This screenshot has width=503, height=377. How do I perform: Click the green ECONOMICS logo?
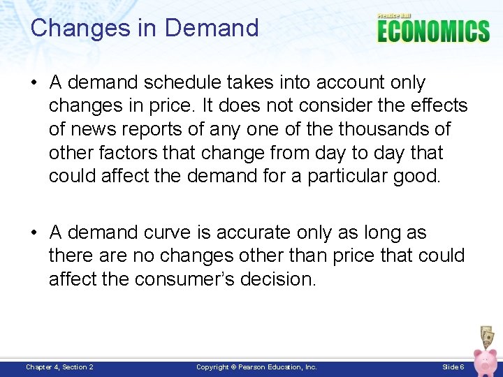(433, 31)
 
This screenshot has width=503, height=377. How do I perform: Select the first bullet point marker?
(34, 83)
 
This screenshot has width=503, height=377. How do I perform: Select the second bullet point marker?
(34, 233)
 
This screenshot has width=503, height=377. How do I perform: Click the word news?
(95, 129)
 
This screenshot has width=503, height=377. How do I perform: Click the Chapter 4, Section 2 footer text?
(59, 367)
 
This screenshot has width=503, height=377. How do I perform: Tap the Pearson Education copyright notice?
(256, 367)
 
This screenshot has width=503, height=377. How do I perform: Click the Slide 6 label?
(453, 367)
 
